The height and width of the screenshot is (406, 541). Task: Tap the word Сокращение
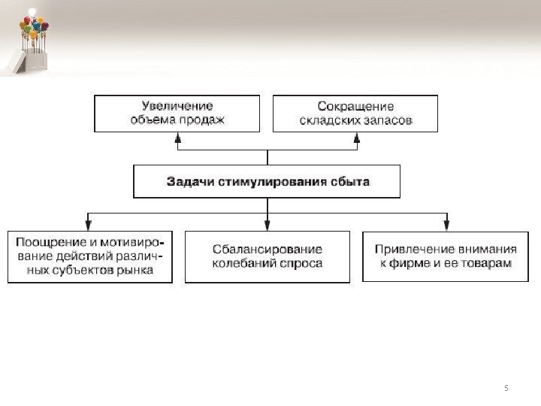click(x=355, y=106)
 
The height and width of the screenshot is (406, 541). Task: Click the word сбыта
click(x=349, y=182)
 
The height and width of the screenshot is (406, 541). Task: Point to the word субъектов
click(x=81, y=270)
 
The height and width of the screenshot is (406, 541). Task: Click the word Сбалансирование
click(x=267, y=250)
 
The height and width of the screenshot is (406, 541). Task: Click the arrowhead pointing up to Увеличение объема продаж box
click(x=177, y=138)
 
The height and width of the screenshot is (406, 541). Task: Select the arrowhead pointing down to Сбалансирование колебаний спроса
click(x=267, y=223)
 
